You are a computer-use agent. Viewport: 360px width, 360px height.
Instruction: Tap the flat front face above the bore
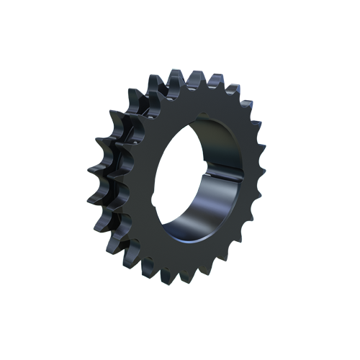[194, 104]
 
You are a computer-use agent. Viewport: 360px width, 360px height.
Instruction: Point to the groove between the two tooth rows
[122, 180]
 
